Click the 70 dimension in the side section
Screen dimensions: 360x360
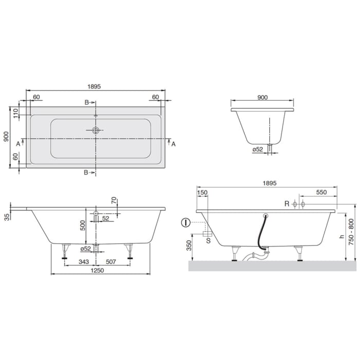click(114, 201)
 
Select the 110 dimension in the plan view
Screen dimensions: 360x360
click(16, 114)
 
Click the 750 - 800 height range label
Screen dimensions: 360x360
click(351, 232)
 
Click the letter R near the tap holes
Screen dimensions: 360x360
click(286, 204)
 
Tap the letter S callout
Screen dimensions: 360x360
click(208, 240)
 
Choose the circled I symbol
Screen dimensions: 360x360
click(185, 223)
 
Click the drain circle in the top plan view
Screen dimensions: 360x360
click(95, 130)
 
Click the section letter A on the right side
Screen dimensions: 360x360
click(173, 144)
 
